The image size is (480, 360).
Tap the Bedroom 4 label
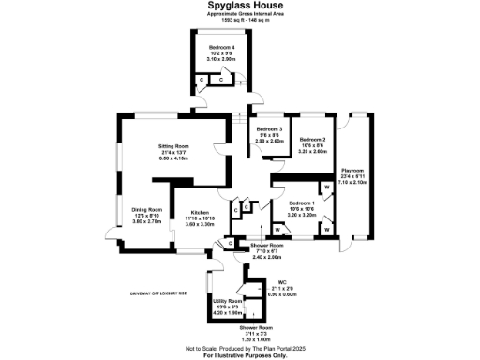pyautogui.click(x=221, y=47)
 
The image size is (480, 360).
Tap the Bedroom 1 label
pyautogui.click(x=301, y=203)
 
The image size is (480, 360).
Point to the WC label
pyautogui.click(x=281, y=280)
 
